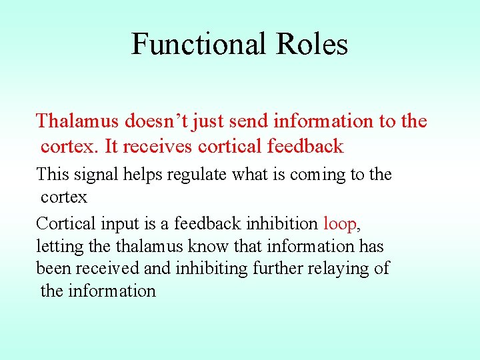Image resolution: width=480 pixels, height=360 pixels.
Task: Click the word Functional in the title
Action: (189, 44)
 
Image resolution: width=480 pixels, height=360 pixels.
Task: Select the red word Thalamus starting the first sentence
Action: (78, 121)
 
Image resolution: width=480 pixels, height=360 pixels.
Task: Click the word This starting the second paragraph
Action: (53, 175)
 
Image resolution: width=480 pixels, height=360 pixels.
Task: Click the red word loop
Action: (340, 224)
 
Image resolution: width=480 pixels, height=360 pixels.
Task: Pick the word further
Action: (265, 269)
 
